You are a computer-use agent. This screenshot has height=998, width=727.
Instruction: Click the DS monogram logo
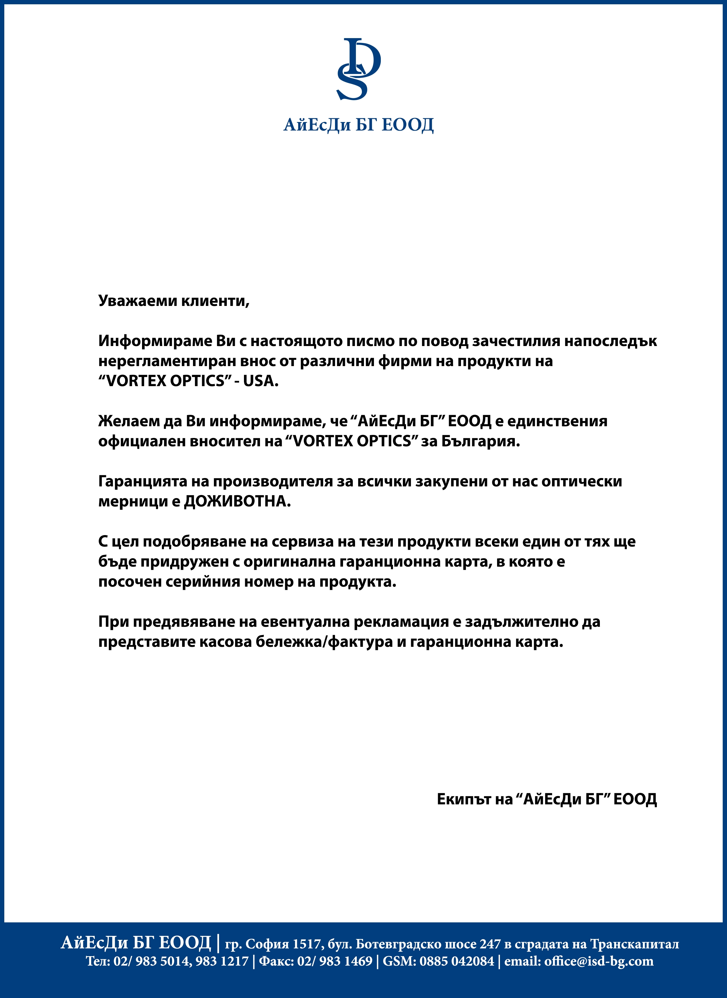(358, 69)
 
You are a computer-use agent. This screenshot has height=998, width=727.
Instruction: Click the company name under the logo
(358, 125)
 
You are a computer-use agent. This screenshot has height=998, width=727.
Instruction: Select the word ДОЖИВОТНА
(237, 501)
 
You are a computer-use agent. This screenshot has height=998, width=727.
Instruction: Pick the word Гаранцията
(142, 481)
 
